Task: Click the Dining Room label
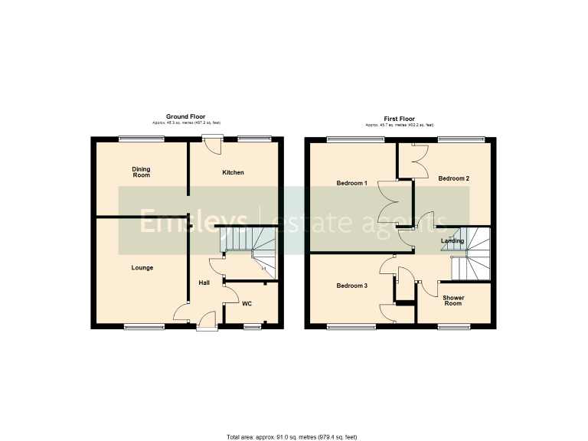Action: point(140,172)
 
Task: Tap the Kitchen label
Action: point(234,173)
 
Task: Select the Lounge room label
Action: point(142,268)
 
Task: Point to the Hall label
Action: point(204,283)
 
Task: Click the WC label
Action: point(247,304)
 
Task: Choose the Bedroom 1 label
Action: point(352,184)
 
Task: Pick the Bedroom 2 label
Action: point(453,178)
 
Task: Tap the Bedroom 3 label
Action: point(352,286)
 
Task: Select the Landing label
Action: point(452,241)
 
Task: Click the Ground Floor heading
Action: point(185,118)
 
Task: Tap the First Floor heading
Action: point(399,119)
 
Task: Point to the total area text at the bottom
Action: point(292,437)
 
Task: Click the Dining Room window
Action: point(142,139)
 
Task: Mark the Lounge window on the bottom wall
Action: point(142,327)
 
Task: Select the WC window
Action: point(250,327)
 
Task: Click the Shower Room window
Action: point(454,327)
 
